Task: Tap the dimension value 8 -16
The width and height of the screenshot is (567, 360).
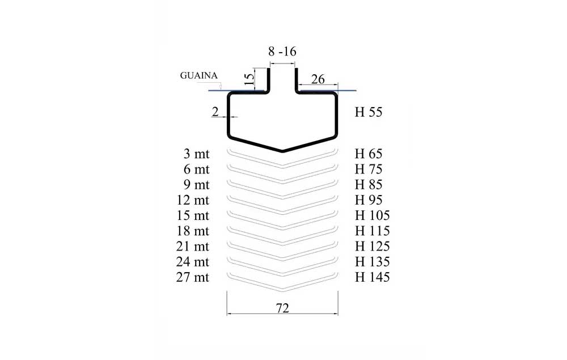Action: point(282,52)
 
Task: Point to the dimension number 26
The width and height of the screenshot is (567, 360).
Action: point(318,79)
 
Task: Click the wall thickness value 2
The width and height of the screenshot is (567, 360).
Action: point(215,112)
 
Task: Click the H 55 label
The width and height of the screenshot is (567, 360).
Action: point(369,112)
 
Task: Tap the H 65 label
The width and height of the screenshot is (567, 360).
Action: point(369,154)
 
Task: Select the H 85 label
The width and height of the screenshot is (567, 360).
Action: point(369,185)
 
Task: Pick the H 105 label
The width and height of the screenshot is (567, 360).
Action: point(372,215)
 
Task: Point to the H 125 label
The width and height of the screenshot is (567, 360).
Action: point(372,247)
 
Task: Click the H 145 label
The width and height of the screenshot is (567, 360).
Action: point(372,277)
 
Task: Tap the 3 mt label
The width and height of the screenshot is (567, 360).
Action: point(196,154)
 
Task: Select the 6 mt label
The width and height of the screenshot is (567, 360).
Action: point(196,169)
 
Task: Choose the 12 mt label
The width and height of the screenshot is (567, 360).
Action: point(193,200)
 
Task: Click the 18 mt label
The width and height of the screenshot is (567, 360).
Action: point(193,231)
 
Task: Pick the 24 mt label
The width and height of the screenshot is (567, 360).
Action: point(193,262)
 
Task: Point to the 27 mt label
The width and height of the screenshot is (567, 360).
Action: point(193,277)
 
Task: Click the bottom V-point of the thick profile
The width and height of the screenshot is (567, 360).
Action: point(282,151)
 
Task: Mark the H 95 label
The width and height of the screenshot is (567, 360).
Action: point(369,200)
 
